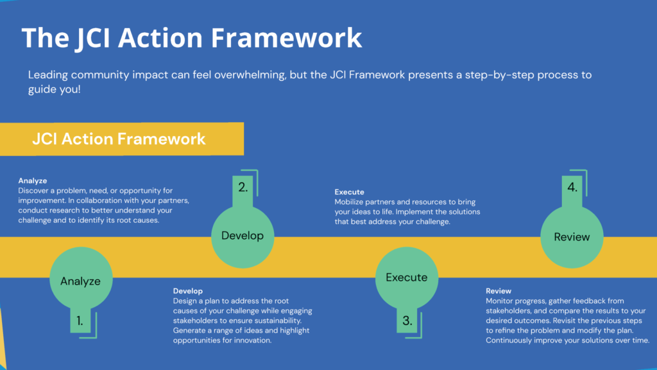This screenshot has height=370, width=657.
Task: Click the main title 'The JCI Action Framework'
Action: (x=191, y=38)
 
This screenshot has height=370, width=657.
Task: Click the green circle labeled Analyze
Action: (x=80, y=281)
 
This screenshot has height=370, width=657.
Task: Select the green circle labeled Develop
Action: (x=243, y=236)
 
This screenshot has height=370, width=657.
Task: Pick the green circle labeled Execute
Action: (x=406, y=277)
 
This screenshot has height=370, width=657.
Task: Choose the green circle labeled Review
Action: (x=572, y=237)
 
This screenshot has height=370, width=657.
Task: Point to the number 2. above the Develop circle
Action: (x=243, y=188)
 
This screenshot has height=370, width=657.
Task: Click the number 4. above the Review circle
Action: (x=572, y=188)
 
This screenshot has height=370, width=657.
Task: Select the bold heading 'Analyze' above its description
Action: (x=33, y=181)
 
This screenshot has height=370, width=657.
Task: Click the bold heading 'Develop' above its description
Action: (x=188, y=291)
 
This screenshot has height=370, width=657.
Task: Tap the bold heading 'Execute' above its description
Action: (x=350, y=192)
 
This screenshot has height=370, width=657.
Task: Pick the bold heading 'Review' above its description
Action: (x=499, y=291)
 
